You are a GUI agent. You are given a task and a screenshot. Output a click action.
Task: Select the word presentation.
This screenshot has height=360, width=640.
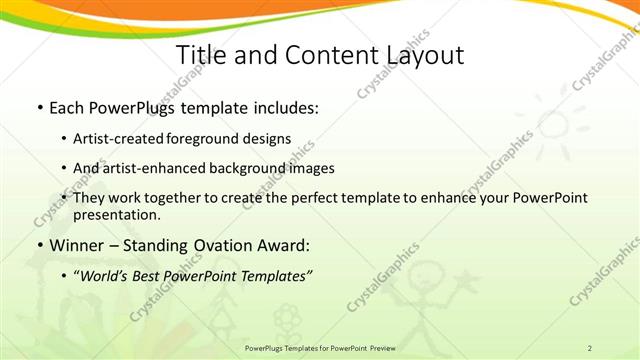pyautogui.click(x=116, y=214)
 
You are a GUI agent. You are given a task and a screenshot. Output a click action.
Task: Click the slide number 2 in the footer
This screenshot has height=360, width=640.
pyautogui.click(x=590, y=347)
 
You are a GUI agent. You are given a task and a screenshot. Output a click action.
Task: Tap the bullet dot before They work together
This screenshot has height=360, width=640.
pyautogui.click(x=65, y=198)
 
